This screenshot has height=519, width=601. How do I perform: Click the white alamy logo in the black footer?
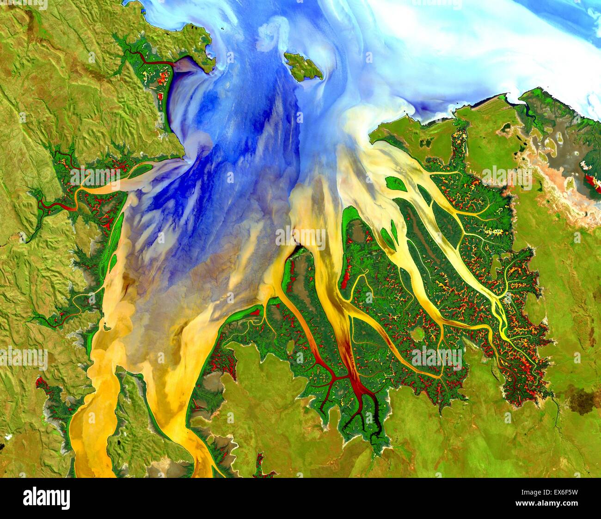point(46,498)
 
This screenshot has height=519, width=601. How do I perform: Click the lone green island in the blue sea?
point(303,66)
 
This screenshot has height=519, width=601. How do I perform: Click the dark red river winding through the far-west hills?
point(55,206)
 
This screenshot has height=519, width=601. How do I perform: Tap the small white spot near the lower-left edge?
point(8,436)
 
